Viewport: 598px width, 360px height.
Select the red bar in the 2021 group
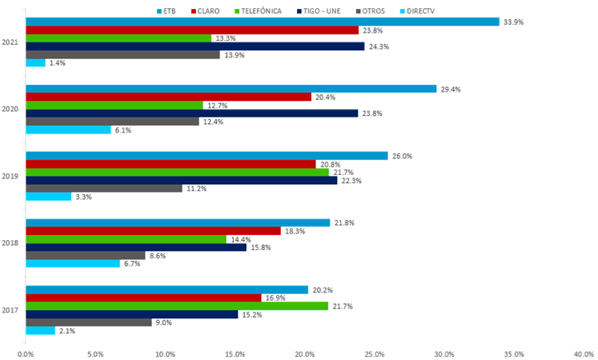click(192, 30)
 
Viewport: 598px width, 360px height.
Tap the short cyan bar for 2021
click(36, 62)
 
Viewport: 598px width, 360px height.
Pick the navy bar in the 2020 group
click(192, 113)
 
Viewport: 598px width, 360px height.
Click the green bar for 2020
click(114, 105)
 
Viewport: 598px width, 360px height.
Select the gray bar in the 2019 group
click(103, 188)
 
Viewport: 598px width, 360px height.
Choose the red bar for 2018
click(153, 231)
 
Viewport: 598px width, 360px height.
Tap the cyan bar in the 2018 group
click(73, 264)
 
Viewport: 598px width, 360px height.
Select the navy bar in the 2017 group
click(132, 314)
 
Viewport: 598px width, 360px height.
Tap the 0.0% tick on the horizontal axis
click(26, 353)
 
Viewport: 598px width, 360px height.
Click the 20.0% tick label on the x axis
click(305, 353)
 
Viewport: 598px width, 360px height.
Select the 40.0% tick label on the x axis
click(585, 353)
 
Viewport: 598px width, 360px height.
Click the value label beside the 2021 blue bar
click(514, 22)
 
